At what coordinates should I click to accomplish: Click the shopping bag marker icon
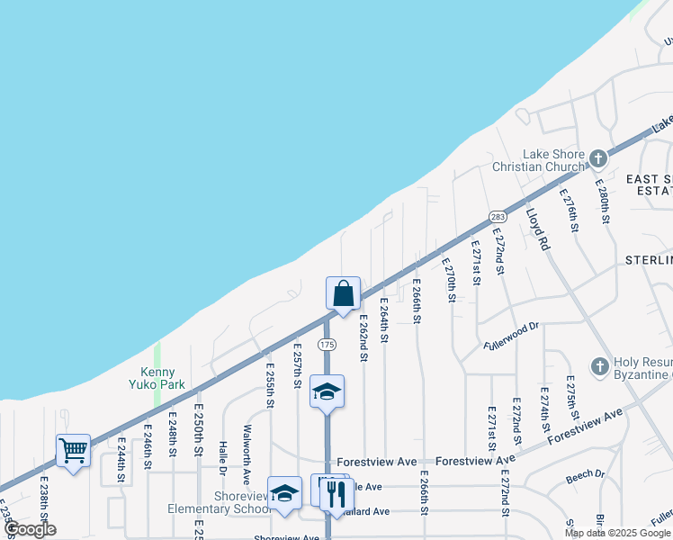(343, 293)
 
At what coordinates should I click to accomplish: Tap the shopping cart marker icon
(73, 450)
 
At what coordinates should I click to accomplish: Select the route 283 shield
(498, 217)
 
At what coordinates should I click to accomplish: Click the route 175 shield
(327, 345)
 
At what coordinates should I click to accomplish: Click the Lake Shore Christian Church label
(538, 160)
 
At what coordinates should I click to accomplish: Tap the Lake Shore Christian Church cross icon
(597, 160)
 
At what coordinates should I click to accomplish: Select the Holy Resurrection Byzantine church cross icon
(600, 366)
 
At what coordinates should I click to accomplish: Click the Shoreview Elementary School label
(219, 502)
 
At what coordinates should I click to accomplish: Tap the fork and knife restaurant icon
(336, 494)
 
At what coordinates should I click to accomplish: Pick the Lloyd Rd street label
(537, 229)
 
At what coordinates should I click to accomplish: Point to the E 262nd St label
(363, 337)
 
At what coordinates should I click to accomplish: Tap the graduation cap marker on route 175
(327, 391)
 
